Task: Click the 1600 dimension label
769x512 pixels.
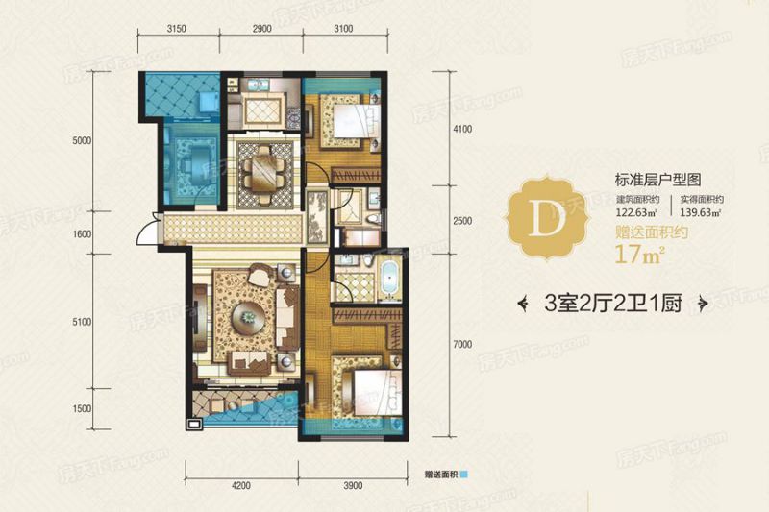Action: tap(82, 233)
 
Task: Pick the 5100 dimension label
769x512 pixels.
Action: tap(82, 322)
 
